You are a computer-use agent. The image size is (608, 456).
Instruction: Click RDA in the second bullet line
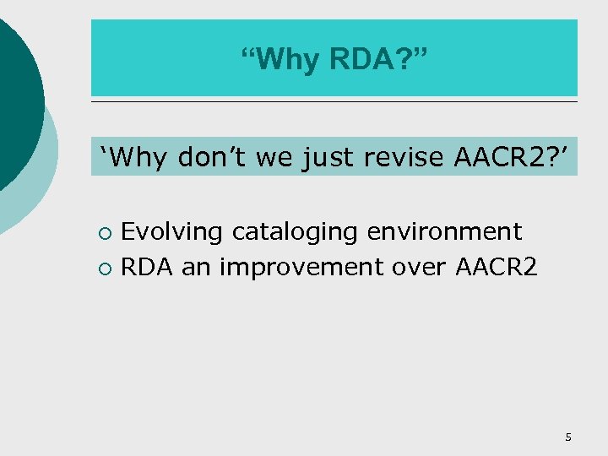tap(149, 267)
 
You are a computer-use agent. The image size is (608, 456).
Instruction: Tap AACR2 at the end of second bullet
tap(496, 267)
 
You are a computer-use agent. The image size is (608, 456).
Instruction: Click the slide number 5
tap(568, 437)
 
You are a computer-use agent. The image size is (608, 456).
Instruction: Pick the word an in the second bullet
tap(197, 267)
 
